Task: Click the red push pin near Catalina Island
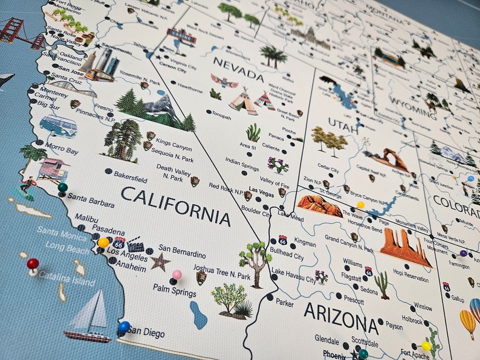point(33,264)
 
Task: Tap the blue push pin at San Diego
point(124,327)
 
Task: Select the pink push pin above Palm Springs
point(177,275)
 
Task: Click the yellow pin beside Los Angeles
point(103,243)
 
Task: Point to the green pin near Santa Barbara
point(62,188)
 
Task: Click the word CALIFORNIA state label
point(175,205)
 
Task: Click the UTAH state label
point(343,123)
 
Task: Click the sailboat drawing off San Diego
point(89,317)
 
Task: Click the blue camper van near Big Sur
point(58,126)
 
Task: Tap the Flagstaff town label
point(351,277)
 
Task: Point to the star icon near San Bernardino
point(160,261)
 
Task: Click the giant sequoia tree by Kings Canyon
point(123,139)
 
